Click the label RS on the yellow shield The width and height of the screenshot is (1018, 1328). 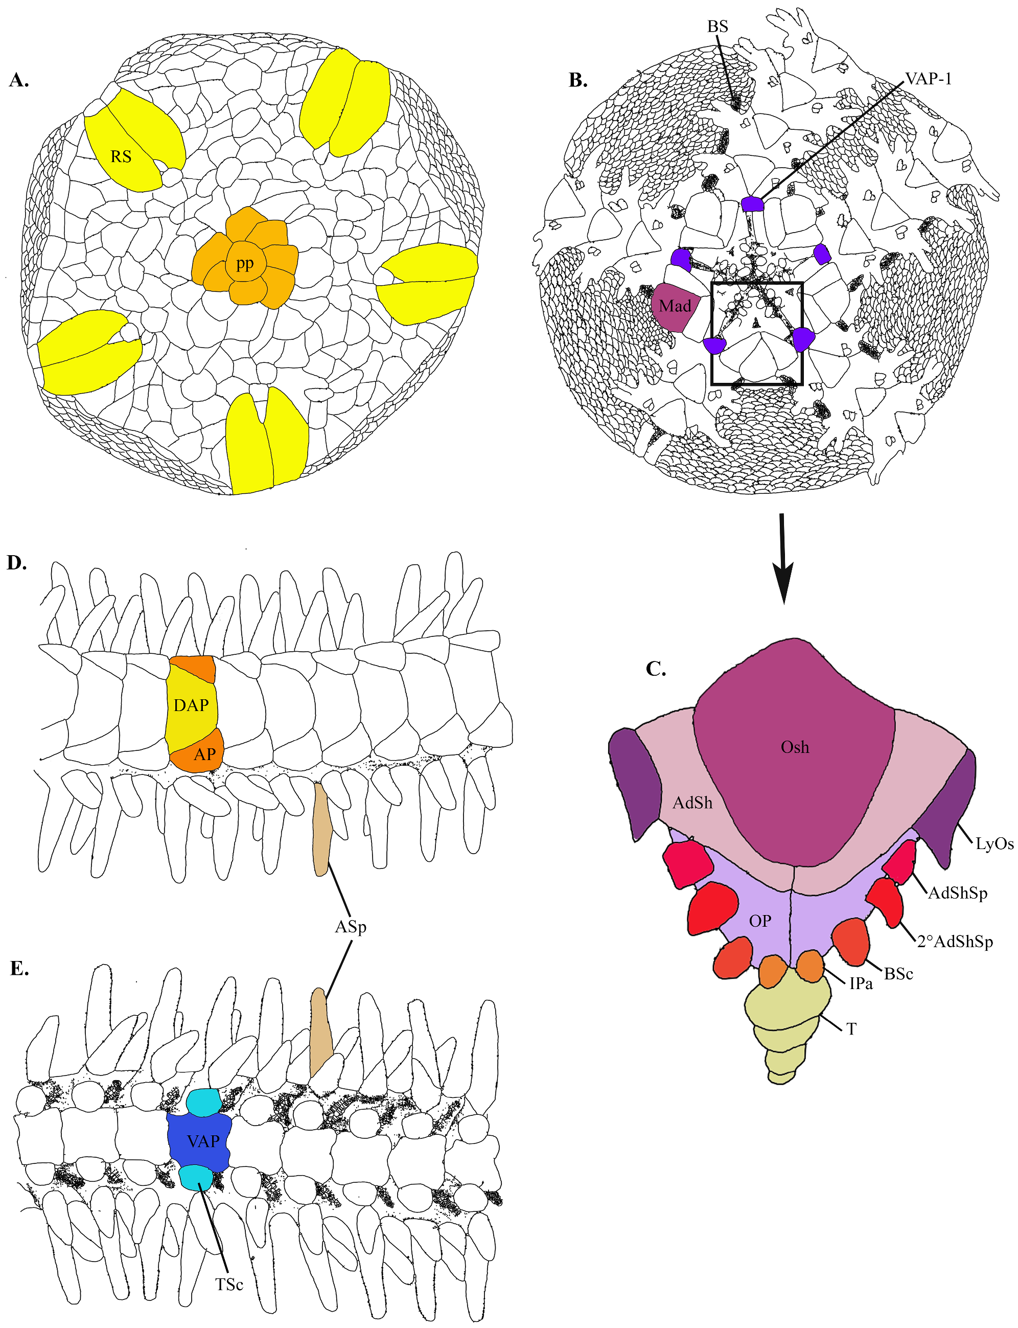(121, 156)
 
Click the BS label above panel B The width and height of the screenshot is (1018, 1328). (718, 26)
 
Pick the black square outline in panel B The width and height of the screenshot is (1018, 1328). (712, 333)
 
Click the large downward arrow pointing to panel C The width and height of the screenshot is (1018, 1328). (783, 558)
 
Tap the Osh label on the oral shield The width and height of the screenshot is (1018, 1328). (794, 747)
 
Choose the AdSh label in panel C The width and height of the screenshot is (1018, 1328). (692, 803)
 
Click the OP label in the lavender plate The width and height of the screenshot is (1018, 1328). (760, 921)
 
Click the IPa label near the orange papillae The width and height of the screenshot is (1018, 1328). (861, 983)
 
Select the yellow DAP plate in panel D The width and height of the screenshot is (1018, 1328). (191, 705)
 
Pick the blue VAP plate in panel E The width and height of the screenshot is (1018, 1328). (202, 1141)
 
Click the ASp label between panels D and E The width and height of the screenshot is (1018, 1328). (350, 927)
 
